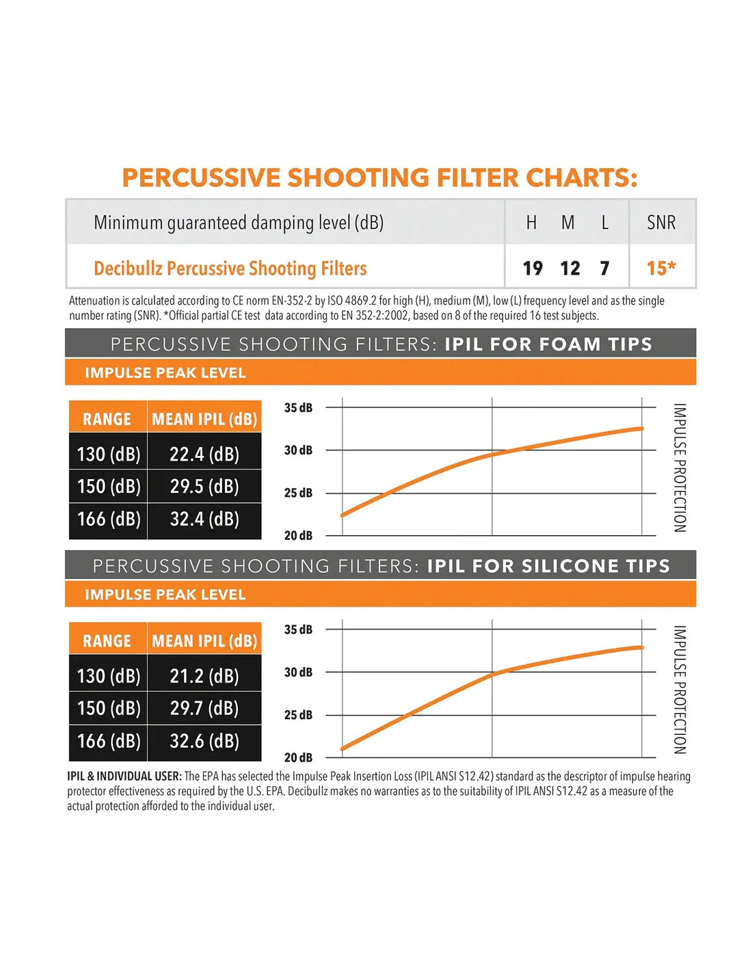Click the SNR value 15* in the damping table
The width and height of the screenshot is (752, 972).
pyautogui.click(x=660, y=268)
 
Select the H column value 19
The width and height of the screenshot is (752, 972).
pyautogui.click(x=533, y=268)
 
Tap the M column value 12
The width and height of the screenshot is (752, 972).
pyautogui.click(x=569, y=268)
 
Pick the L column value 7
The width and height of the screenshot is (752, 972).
pyautogui.click(x=604, y=268)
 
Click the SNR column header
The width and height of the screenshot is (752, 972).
pyautogui.click(x=661, y=223)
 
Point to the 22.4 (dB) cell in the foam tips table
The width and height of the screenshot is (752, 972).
pyautogui.click(x=204, y=455)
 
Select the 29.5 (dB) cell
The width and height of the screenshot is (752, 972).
pyautogui.click(x=204, y=487)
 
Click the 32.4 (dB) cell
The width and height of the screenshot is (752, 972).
pyautogui.click(x=204, y=519)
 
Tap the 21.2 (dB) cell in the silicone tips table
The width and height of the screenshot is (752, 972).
pyautogui.click(x=204, y=676)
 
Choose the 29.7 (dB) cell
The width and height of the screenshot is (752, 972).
pyautogui.click(x=204, y=708)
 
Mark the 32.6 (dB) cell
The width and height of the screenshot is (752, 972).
pyautogui.click(x=204, y=741)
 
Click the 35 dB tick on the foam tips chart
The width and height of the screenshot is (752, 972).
pyautogui.click(x=298, y=408)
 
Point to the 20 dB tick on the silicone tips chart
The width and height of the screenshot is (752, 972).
pyautogui.click(x=298, y=757)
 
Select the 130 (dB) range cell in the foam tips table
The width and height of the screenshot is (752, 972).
pyautogui.click(x=109, y=455)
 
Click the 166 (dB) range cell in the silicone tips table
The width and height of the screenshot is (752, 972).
pyautogui.click(x=109, y=741)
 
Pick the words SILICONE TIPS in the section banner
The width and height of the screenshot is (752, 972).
pyautogui.click(x=595, y=566)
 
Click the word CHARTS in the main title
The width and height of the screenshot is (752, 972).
pyautogui.click(x=581, y=178)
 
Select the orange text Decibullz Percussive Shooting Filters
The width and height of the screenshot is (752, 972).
pyautogui.click(x=230, y=269)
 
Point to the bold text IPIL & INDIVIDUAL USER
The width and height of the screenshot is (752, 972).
pyautogui.click(x=124, y=777)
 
